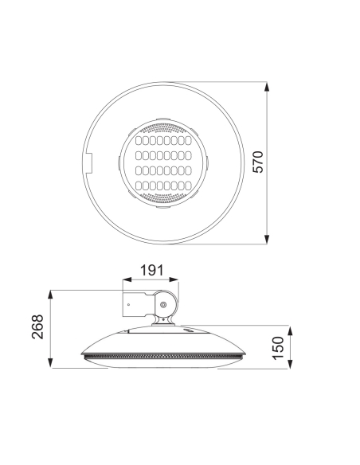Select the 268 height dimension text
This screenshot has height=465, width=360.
[x=37, y=328]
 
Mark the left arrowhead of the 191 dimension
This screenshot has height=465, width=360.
[x=125, y=280]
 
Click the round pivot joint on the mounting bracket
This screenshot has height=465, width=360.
[x=165, y=304]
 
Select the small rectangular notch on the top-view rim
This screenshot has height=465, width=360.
[x=88, y=163]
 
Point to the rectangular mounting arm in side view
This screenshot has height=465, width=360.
[x=140, y=304]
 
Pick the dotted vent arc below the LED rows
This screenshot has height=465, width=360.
[x=162, y=197]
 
